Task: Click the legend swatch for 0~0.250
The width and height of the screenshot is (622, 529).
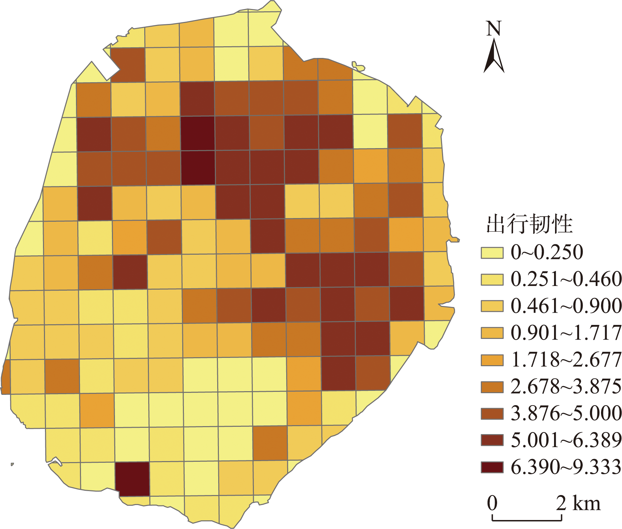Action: coord(492,253)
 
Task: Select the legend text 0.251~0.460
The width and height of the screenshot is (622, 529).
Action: coord(566,279)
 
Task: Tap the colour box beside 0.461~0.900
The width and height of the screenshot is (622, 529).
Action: coord(492,306)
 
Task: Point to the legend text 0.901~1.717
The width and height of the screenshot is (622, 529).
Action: coord(566,333)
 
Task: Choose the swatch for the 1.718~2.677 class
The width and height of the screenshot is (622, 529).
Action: coord(492,360)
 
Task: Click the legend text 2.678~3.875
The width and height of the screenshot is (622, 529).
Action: coord(566,387)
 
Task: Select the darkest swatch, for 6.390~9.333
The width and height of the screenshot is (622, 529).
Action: coord(492,467)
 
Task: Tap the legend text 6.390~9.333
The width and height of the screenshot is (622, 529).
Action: coord(566,467)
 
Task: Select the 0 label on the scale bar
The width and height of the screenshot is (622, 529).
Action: coord(492,503)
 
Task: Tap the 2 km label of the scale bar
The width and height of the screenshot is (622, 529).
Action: coord(578,503)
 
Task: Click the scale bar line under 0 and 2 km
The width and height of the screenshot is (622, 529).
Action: coord(527,520)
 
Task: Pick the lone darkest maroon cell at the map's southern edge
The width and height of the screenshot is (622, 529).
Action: coord(132,479)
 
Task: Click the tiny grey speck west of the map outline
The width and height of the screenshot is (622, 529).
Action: coord(12,464)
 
